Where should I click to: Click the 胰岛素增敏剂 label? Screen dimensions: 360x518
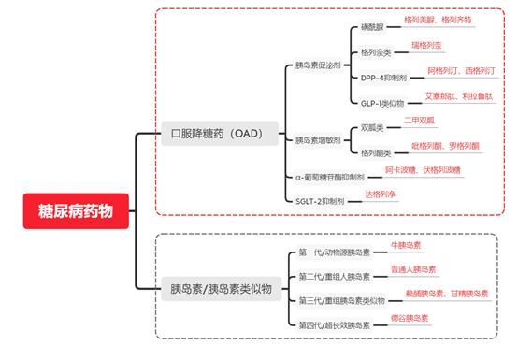coord(316,140)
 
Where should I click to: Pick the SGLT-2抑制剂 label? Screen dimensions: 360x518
coord(319,200)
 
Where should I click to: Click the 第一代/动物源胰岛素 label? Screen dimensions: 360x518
coord(332,252)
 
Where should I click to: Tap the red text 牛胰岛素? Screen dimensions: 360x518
coord(405,245)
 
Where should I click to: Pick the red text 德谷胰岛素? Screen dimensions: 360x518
coord(410,318)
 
